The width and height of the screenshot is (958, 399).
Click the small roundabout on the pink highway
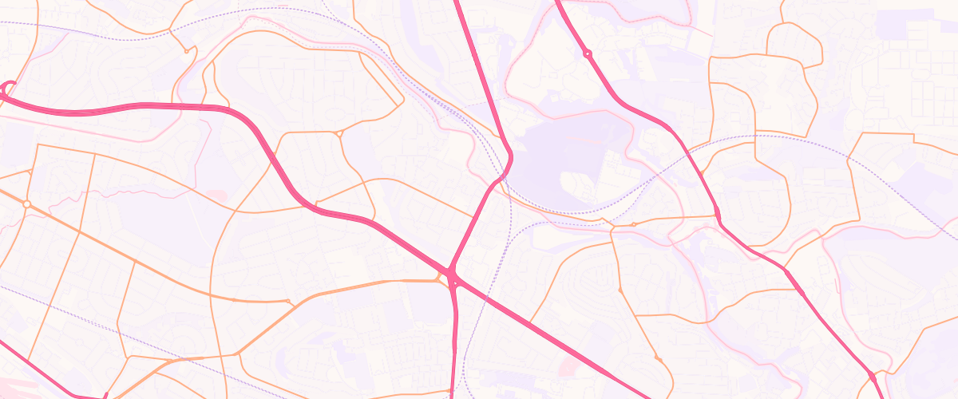[587, 53]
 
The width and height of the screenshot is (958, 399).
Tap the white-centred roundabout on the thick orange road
[26, 205]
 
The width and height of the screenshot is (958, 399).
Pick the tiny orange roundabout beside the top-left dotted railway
[186, 51]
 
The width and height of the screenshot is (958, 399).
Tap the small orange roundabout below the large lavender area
[633, 224]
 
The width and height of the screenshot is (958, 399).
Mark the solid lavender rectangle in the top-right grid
[894, 23]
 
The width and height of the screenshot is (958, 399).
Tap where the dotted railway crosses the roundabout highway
[685, 163]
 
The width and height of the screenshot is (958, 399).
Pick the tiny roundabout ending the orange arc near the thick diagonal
[288, 301]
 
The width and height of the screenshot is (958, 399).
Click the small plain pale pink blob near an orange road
[216, 195]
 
